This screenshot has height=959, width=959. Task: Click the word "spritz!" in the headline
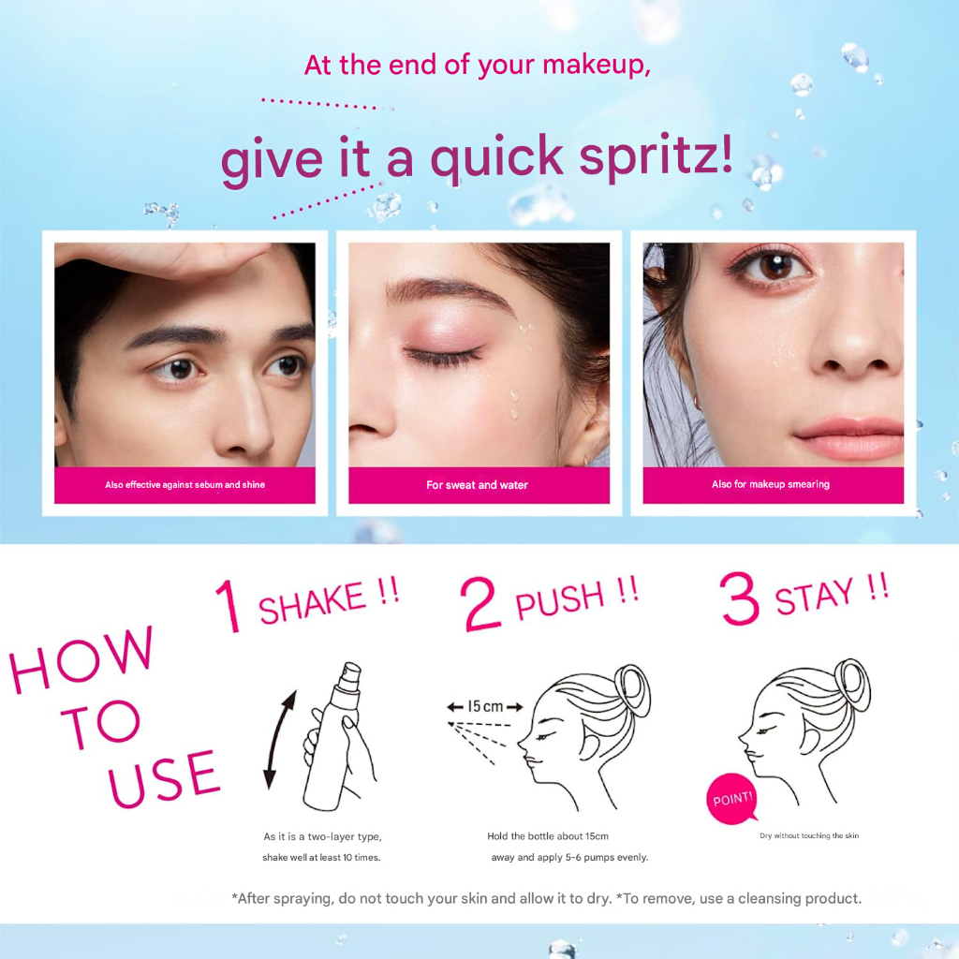656,157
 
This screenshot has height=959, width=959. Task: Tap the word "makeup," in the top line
597,65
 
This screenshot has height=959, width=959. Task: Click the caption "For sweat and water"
477,485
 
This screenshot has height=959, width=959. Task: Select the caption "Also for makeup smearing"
771,484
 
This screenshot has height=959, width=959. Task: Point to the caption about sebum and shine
184,485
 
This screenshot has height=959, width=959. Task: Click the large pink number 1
229,606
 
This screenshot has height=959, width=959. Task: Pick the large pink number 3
740,598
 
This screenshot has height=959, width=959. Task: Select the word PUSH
560,599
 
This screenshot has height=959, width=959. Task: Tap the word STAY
814,597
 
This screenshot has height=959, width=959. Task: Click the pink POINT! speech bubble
731,799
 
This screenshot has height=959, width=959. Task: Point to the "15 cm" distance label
485,707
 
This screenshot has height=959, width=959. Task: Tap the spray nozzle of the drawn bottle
350,673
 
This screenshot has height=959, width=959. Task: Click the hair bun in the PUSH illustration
632,689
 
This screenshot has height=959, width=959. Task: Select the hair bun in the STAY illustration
852,685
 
